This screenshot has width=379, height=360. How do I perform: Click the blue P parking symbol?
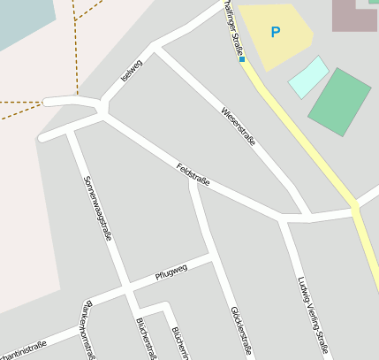tap(275, 33)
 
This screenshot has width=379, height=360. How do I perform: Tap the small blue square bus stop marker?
tap(242, 59)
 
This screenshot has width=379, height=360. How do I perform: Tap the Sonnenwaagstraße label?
tap(98, 208)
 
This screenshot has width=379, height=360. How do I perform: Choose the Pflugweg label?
tap(171, 272)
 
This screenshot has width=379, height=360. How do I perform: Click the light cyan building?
tap(308, 77)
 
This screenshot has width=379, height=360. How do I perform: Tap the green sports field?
tap(339, 102)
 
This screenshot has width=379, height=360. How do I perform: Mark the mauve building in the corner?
tap(353, 16)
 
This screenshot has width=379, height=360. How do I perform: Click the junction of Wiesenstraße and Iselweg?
tap(154, 43)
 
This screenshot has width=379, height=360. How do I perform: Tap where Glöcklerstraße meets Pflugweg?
tap(212, 258)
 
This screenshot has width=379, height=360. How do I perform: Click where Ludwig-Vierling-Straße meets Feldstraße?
tap(283, 217)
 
